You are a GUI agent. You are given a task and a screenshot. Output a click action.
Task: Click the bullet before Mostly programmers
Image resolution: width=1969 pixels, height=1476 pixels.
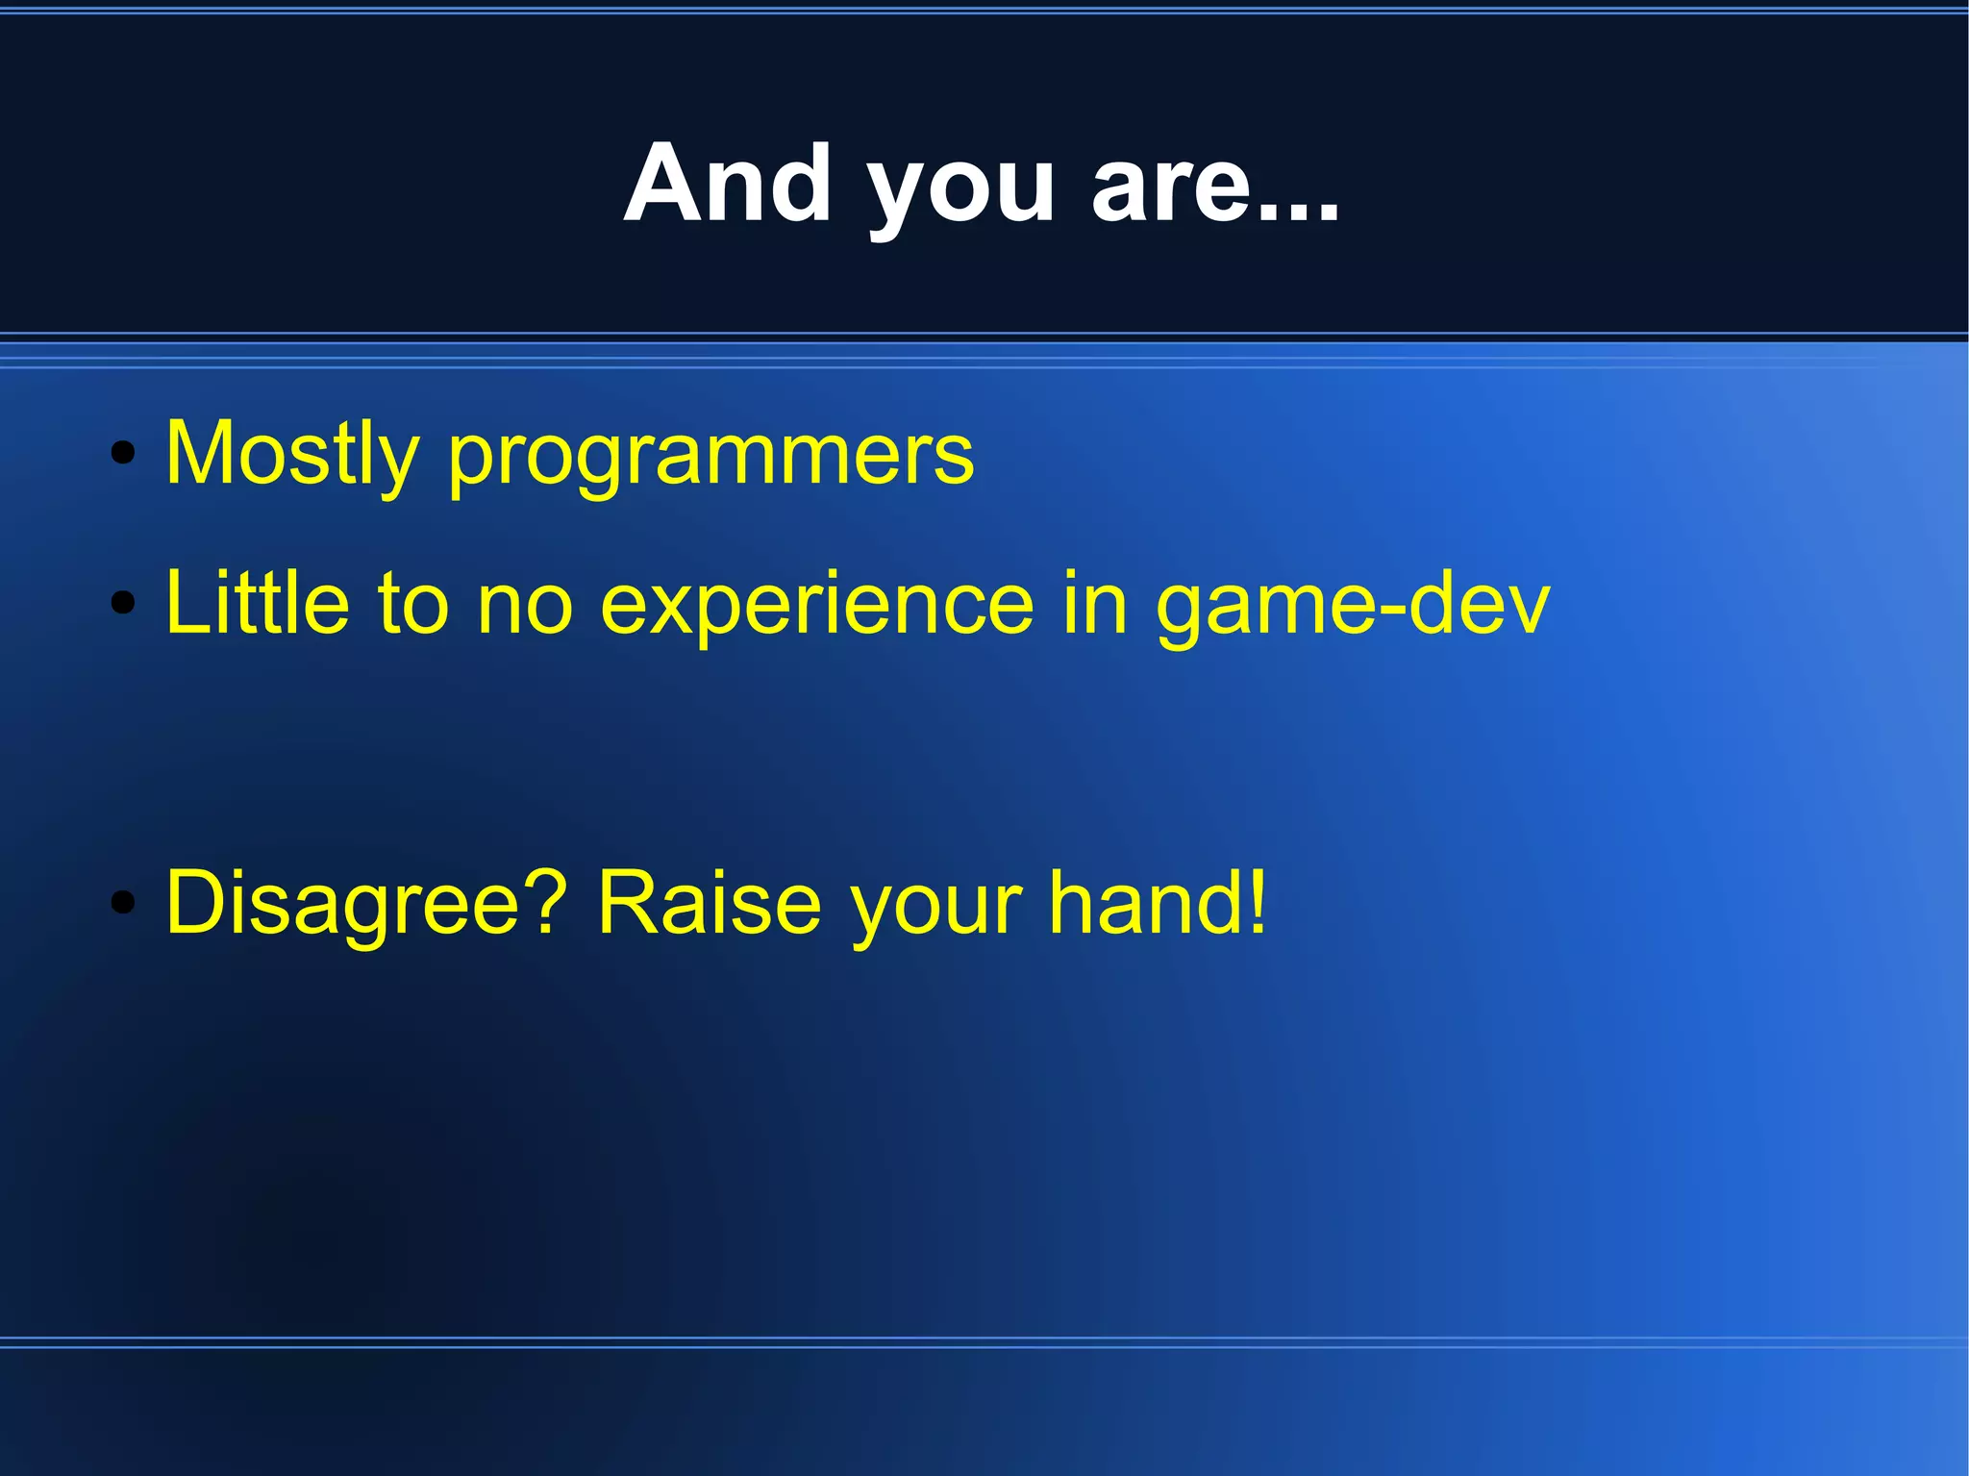coord(122,453)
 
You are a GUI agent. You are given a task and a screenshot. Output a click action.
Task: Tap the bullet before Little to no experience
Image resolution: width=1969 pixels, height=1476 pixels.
coord(122,603)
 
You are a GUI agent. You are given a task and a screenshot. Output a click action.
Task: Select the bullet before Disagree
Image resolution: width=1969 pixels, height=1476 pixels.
coord(122,903)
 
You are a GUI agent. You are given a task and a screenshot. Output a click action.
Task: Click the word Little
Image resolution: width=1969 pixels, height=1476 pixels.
coord(257,603)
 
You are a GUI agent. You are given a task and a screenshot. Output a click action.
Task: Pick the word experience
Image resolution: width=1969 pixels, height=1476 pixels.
coord(817,608)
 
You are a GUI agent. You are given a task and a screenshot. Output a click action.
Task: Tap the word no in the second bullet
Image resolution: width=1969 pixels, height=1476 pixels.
coord(525,608)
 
